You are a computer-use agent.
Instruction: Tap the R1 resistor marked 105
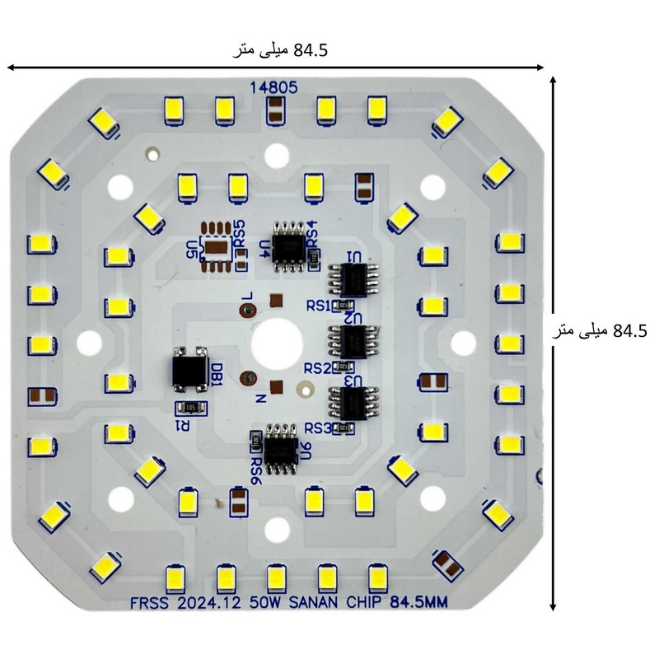[x=190, y=406]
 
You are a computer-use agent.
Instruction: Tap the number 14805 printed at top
[x=273, y=86]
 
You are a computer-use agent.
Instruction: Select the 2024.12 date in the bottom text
[x=208, y=604]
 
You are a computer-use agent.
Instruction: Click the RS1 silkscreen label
[x=317, y=306]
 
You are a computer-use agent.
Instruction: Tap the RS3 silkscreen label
[x=317, y=428]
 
